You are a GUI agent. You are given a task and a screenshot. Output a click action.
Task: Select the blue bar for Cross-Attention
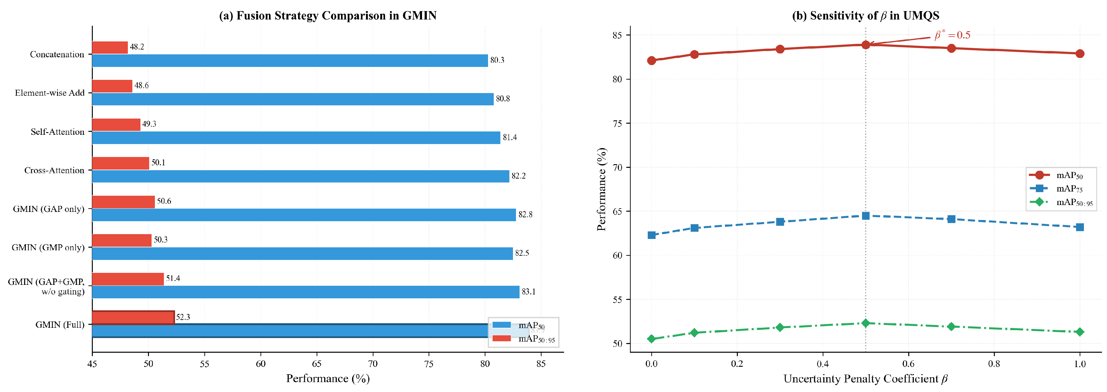[301, 176]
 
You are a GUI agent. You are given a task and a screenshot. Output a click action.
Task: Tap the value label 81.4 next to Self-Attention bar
[510, 137]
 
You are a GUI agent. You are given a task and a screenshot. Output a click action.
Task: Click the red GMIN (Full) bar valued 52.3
[133, 317]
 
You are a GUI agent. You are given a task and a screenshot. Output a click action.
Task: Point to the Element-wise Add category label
[50, 93]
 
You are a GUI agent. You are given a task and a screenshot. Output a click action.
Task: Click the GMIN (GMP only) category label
[48, 248]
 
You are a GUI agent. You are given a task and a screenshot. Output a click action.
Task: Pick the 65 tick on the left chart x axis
[317, 363]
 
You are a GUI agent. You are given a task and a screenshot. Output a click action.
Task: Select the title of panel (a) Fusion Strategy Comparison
[327, 16]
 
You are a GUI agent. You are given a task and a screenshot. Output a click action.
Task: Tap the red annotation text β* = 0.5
[952, 35]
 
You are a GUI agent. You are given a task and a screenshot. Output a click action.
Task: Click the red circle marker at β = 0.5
[865, 45]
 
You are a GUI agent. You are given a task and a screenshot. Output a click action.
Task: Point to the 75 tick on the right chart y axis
[617, 123]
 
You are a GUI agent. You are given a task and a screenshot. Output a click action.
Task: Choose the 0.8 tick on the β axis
[994, 363]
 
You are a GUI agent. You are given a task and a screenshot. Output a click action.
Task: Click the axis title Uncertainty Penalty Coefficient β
[865, 379]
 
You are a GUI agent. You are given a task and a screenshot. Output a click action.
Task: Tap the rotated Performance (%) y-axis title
[602, 189]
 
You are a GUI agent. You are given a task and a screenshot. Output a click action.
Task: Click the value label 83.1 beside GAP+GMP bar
[529, 292]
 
